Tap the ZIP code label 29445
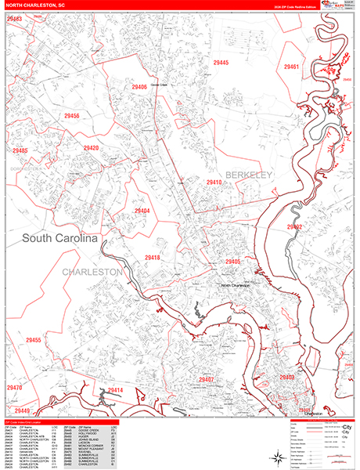click(x=221, y=63)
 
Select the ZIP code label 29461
click(x=291, y=67)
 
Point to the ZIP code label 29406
click(x=139, y=87)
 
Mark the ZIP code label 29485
click(x=20, y=151)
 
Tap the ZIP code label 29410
click(x=214, y=183)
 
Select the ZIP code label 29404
click(x=142, y=211)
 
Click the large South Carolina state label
click(x=59, y=238)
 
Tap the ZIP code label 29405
click(x=232, y=262)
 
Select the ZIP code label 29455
click(x=33, y=340)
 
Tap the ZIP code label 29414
click(x=115, y=390)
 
